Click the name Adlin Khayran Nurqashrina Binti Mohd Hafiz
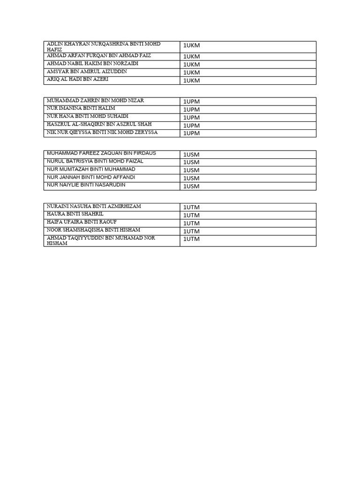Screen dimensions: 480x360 (x=104, y=46)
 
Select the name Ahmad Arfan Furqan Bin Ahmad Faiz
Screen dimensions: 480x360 (x=99, y=56)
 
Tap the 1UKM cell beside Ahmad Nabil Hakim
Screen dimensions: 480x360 (x=191, y=64)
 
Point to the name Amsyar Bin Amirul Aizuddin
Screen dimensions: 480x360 (x=87, y=72)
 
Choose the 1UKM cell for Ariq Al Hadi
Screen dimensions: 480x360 (x=191, y=80)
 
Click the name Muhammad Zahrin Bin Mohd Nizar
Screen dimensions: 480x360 (x=95, y=101)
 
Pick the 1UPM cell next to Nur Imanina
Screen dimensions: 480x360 (x=191, y=109)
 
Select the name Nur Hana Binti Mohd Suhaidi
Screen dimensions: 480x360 (x=88, y=116)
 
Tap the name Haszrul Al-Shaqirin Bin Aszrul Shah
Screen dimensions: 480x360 (x=99, y=124)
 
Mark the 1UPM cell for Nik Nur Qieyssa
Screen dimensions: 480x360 (x=191, y=133)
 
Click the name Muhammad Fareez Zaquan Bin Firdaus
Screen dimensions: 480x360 (x=101, y=153)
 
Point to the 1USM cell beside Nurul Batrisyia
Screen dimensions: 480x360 (x=191, y=162)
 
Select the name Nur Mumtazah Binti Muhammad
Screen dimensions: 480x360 (x=91, y=169)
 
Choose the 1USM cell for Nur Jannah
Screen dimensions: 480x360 (x=191, y=178)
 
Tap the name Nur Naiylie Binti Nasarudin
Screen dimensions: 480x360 (x=86, y=185)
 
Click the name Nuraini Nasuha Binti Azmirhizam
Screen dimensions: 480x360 (x=94, y=206)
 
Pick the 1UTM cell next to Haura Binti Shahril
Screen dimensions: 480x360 (x=191, y=215)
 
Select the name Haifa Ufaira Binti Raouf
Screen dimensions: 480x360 (x=82, y=222)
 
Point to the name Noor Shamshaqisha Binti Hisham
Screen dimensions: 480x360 (x=93, y=230)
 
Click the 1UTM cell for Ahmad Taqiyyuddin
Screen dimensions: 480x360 (x=191, y=239)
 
